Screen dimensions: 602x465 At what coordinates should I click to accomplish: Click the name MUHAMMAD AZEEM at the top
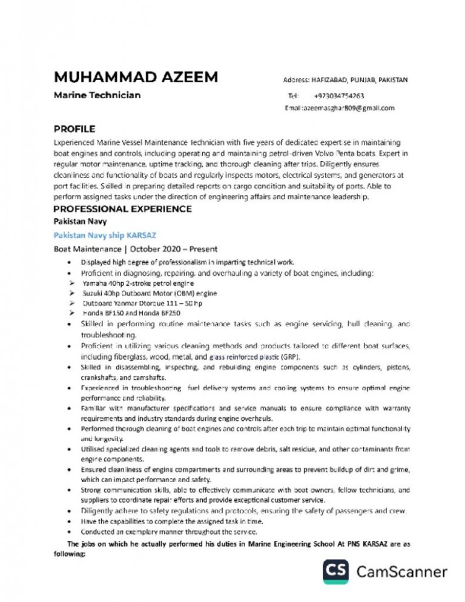[x=136, y=78]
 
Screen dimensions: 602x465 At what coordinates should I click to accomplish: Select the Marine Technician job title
[x=97, y=95]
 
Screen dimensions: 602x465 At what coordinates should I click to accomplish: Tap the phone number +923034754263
[x=339, y=96]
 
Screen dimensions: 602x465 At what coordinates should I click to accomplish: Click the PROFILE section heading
[x=74, y=128]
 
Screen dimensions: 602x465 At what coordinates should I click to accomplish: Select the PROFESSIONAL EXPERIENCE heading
[x=123, y=209]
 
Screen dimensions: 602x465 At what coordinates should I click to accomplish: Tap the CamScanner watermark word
[x=402, y=571]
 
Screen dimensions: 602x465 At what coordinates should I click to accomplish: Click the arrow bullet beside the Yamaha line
[x=71, y=283]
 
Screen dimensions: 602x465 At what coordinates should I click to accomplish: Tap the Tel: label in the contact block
[x=294, y=96]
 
